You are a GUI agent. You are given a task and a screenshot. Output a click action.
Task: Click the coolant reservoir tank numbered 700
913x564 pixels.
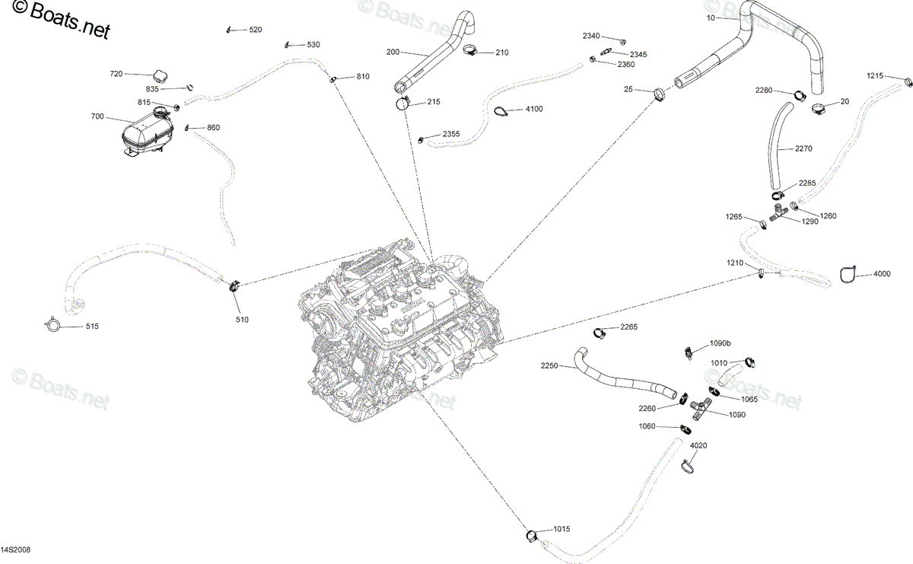[148, 132]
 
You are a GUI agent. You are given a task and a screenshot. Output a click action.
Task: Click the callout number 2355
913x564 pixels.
[451, 134]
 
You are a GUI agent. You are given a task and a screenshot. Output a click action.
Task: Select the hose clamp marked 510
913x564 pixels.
[234, 286]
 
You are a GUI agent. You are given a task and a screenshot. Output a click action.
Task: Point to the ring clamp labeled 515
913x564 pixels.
[52, 324]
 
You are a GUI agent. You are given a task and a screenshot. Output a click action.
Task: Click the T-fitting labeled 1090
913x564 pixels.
[701, 409]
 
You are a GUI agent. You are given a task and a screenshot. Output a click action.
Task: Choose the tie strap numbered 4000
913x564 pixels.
[848, 274]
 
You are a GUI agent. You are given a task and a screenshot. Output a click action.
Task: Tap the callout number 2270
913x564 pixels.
[803, 149]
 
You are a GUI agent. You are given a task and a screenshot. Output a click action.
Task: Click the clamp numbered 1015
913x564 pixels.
[532, 535]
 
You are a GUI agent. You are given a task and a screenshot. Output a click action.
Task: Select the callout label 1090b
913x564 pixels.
[721, 343]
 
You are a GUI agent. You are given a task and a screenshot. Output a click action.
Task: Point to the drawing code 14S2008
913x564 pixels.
[15, 550]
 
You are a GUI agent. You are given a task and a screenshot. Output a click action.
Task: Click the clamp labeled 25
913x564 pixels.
[660, 94]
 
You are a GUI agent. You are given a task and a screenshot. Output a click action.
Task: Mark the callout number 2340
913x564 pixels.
[591, 36]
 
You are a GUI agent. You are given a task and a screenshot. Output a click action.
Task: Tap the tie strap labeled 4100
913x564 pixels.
[501, 111]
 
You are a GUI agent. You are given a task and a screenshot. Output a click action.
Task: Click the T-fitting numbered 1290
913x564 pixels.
[779, 212]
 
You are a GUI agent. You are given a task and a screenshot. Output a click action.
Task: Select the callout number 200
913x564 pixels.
[393, 52]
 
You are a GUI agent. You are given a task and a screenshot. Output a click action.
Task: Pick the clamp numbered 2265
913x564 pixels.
[600, 333]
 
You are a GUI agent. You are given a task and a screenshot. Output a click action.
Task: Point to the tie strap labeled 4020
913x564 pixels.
[687, 466]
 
